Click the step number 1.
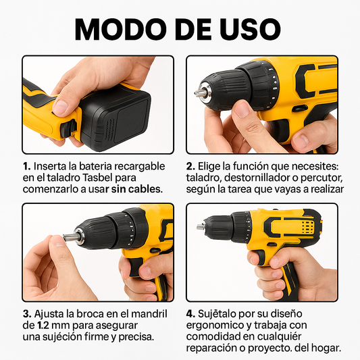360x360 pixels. pos(26,166)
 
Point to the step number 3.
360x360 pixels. pos(26,314)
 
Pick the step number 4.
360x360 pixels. pos(191,314)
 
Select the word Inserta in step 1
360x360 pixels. pos(51,166)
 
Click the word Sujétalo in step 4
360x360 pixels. pos(220,314)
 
